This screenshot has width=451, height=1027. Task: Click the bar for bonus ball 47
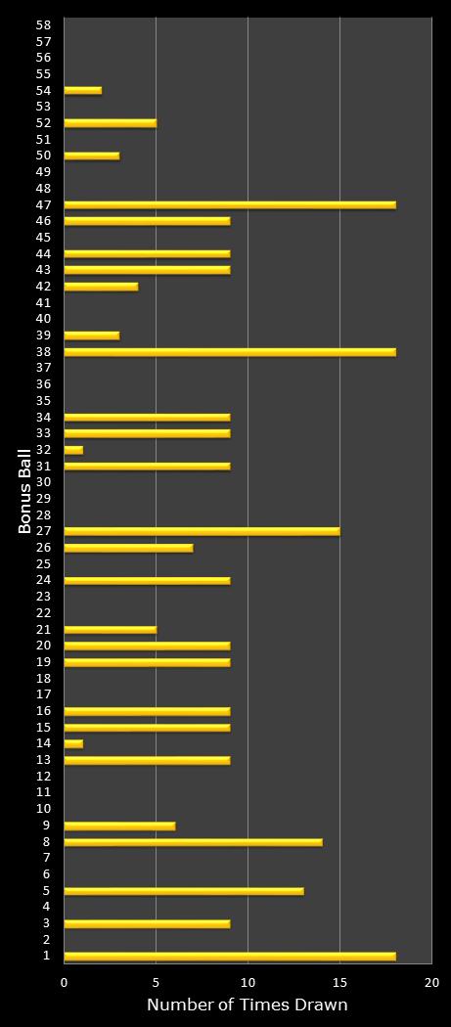tap(230, 204)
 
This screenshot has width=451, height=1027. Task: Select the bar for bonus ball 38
tap(230, 351)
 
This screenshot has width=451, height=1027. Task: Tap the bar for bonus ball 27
tap(202, 531)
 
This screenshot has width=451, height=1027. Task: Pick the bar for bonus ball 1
tap(230, 956)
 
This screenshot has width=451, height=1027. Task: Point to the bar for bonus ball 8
tap(193, 841)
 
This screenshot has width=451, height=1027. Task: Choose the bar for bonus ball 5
tap(184, 891)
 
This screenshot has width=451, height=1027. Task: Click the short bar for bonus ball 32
tap(73, 450)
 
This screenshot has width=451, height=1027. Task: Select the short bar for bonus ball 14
tap(73, 743)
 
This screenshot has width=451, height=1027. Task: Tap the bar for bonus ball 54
tap(82, 90)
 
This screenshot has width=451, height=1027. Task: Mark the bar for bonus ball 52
tap(110, 123)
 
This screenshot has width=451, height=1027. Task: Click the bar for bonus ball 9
tap(119, 826)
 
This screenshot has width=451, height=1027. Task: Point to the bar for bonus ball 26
tap(128, 548)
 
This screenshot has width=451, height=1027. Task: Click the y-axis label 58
tap(44, 24)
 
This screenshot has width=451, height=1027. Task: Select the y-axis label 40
tap(44, 319)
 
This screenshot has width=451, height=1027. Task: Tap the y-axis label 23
tap(44, 597)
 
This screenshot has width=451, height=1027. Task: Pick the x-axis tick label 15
tap(339, 982)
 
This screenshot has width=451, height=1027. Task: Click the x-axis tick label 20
tap(431, 982)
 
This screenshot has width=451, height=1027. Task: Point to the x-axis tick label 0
tap(65, 982)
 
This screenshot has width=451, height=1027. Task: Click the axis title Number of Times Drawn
tap(247, 1005)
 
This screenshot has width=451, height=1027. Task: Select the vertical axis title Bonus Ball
tap(25, 490)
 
